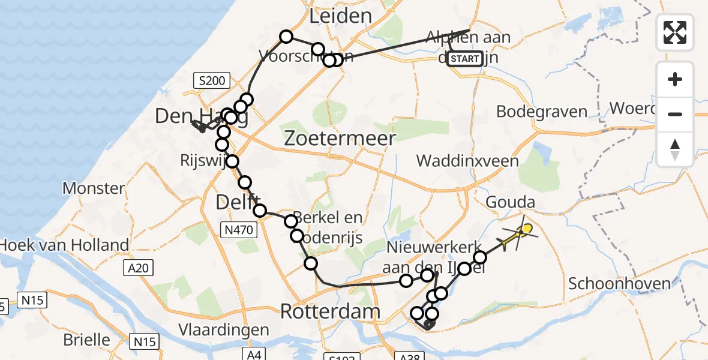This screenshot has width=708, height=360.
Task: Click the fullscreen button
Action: click(675, 32)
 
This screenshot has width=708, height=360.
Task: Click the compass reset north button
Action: click(675, 149)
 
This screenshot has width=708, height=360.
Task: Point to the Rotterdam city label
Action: click(331, 311)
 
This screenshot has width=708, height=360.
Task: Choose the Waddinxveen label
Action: click(467, 161)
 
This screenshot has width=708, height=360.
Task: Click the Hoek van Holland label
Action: click(65, 245)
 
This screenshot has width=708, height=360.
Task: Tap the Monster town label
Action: click(94, 188)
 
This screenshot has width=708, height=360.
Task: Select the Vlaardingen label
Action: click(224, 330)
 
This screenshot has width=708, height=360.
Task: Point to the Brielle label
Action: click(87, 340)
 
